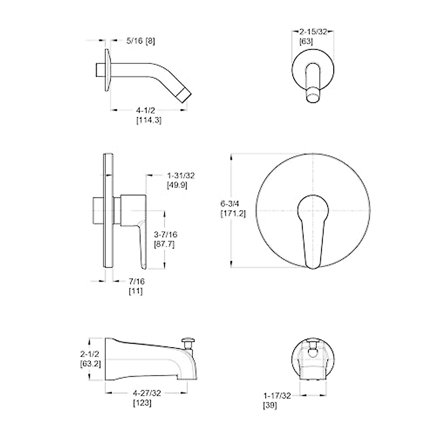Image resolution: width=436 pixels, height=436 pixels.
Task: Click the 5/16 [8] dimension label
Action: coord(141,41)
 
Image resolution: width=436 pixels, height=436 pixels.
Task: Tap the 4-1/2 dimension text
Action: coord(145,110)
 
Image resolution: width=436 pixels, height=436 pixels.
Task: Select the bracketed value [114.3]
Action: coord(149,120)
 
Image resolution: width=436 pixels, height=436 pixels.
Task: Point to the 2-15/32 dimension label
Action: coord(313,32)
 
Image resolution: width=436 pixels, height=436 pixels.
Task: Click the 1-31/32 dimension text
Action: coord(181,175)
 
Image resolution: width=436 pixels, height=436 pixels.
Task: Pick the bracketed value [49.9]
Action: coord(177,185)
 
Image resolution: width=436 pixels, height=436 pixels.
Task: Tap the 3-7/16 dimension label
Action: coord(166,234)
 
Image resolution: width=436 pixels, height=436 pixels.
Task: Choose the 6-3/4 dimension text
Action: coord(230,203)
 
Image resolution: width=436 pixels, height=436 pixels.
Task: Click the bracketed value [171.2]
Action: coord(233,213)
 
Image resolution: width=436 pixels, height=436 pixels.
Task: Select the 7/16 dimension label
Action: coord(137,282)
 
